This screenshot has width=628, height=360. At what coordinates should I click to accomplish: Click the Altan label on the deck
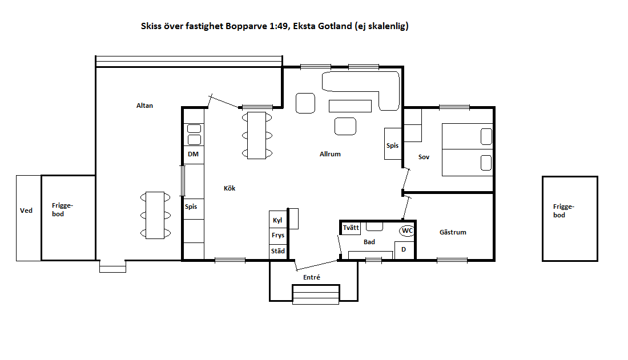pos(144,106)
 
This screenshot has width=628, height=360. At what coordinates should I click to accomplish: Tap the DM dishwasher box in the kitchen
pos(194,155)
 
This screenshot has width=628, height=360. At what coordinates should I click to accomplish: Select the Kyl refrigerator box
pos(278,220)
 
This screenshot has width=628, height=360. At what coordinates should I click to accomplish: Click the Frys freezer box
pos(278,236)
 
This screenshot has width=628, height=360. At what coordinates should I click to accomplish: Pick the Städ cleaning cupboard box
pos(278,252)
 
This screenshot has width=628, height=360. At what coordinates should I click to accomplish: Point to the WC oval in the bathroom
pos(407,230)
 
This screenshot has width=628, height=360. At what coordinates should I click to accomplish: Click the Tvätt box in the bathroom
pos(351,228)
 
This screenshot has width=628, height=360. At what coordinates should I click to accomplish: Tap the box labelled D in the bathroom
pos(404,250)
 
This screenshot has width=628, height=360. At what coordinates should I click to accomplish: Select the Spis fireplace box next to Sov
pos(393,144)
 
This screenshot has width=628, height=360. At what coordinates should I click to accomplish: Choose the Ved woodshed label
pos(26,211)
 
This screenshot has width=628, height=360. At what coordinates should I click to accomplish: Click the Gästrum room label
pos(453,232)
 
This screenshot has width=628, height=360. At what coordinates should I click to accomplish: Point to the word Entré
pos(312,277)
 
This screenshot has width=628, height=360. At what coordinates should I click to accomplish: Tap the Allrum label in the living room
pos(330,154)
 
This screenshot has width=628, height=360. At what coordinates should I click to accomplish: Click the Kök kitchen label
pos(230,188)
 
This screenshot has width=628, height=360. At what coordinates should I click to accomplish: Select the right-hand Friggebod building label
pos(563,211)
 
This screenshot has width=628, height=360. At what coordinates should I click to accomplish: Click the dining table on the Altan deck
pos(155,216)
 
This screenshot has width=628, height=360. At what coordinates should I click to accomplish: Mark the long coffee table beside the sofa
pos(350,106)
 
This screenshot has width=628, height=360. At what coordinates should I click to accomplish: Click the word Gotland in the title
pos(335,26)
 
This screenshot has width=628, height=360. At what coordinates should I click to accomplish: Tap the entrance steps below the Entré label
pos(316,295)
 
